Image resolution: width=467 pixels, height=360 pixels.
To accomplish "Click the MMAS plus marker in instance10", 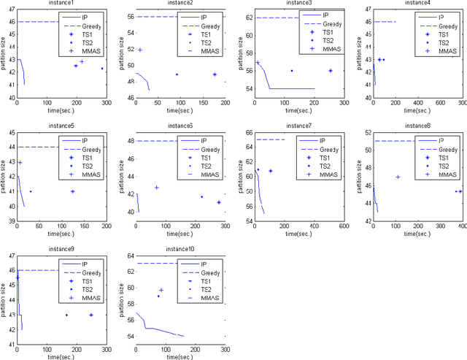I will [161, 290].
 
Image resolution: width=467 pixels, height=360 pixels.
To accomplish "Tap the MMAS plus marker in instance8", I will [398, 177].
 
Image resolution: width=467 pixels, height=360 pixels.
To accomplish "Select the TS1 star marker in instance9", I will [91, 315].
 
